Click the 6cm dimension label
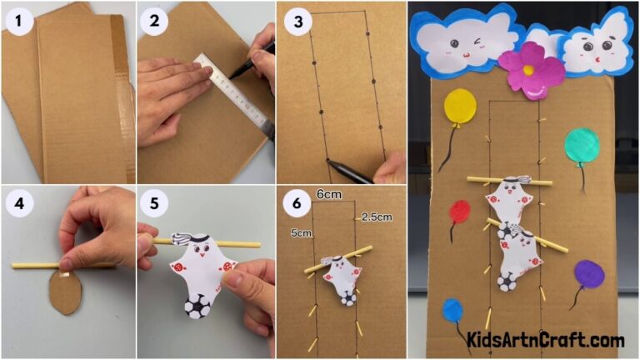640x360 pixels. [x=328, y=193]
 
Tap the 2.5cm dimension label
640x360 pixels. [x=376, y=217]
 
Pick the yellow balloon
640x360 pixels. [x=460, y=107]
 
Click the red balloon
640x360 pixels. [x=459, y=211]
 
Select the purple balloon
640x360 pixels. [x=589, y=273]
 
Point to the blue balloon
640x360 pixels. [x=452, y=311]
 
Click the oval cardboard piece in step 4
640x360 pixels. [x=64, y=292]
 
